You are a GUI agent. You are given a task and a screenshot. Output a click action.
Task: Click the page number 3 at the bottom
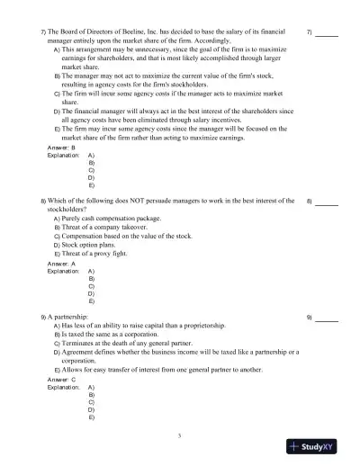coord(180,435)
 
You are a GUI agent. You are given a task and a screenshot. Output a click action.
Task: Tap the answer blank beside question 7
coord(327,34)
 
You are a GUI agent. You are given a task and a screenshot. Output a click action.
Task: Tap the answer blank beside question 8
coord(327,202)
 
